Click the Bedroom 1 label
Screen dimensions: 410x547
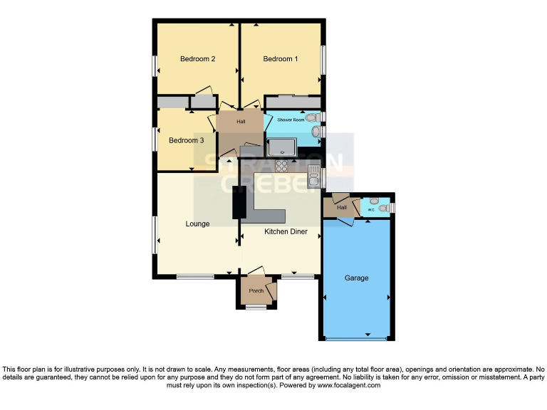coord(281,59)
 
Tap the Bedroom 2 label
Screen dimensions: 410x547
coord(197,59)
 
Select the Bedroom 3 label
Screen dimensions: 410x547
coord(186,140)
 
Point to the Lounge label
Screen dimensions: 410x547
coord(197,224)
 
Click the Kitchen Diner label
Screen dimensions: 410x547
coord(286,232)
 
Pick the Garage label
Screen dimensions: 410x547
coord(357,278)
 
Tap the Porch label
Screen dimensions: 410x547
coord(256,290)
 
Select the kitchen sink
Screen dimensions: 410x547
coord(313,175)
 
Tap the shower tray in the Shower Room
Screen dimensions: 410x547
coord(283,147)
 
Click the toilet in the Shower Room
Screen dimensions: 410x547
coord(316,131)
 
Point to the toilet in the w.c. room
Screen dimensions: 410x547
coord(383,208)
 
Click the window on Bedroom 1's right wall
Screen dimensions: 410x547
coord(324,59)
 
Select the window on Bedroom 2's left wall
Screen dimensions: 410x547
coord(155,65)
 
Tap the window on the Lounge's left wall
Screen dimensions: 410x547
coord(155,235)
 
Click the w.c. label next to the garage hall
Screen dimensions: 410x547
coord(372,210)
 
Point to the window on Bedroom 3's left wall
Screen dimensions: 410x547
coord(155,138)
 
